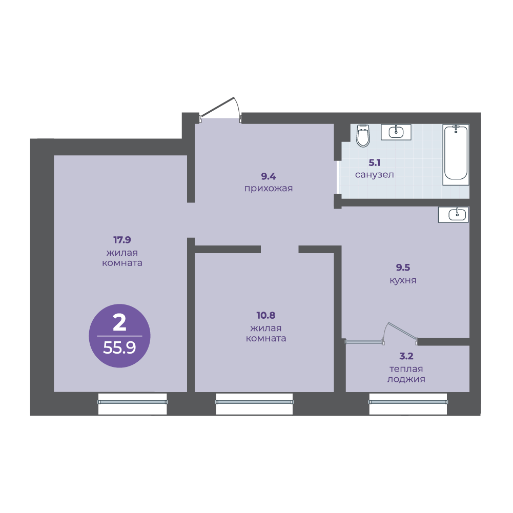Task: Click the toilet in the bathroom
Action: pos(363,136)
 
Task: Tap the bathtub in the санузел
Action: pos(456,155)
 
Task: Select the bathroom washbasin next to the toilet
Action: pos(396,132)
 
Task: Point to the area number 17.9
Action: pos(122,240)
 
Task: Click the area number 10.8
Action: pos(265,315)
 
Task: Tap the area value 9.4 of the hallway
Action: pos(268,176)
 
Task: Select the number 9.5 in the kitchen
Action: pos(403,268)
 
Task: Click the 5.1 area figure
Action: pos(374,162)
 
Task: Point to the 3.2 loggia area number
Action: pos(406,356)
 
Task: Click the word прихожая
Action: pos(268,189)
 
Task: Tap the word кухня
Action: pos(403,281)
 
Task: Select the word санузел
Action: pos(374,175)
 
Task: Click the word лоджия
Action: pos(406,380)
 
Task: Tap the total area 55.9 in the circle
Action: pos(119,348)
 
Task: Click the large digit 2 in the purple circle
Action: pos(119,322)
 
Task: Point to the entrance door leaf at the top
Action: pos(217,107)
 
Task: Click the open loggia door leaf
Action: pos(402,331)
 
